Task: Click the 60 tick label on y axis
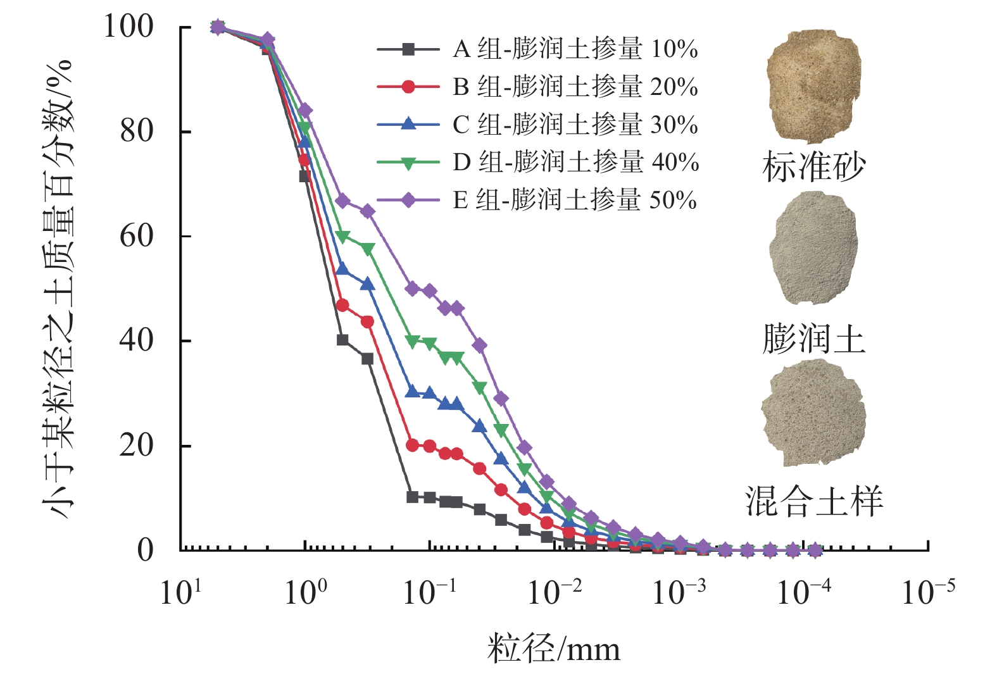(136, 236)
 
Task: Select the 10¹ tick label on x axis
(180, 593)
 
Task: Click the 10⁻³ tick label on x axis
(679, 593)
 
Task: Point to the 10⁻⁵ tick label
(927, 593)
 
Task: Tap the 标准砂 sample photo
(813, 85)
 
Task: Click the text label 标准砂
(813, 166)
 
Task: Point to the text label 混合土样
(813, 501)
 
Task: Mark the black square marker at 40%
(342, 340)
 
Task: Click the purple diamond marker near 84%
(305, 111)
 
